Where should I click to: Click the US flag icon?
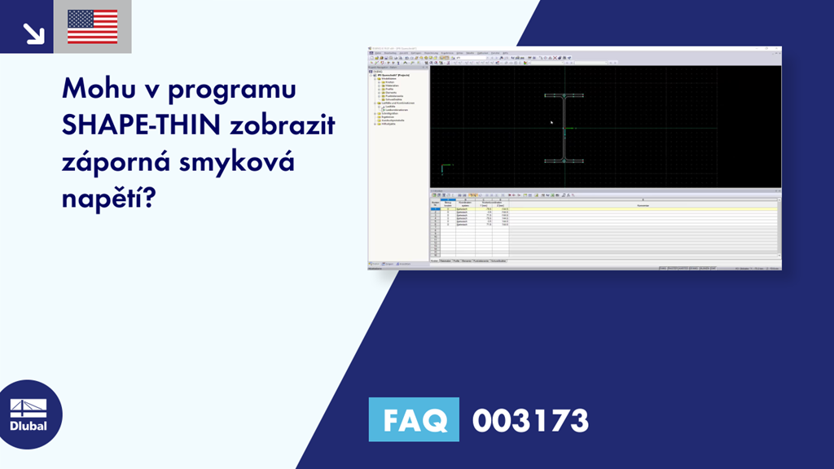click(92, 27)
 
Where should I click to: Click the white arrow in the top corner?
click(33, 33)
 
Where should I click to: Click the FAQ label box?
click(413, 420)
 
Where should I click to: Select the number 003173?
click(529, 420)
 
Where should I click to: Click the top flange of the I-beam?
click(564, 96)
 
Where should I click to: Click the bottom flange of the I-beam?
click(564, 160)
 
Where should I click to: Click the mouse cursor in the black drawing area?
click(551, 123)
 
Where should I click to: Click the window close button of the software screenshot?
click(777, 50)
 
